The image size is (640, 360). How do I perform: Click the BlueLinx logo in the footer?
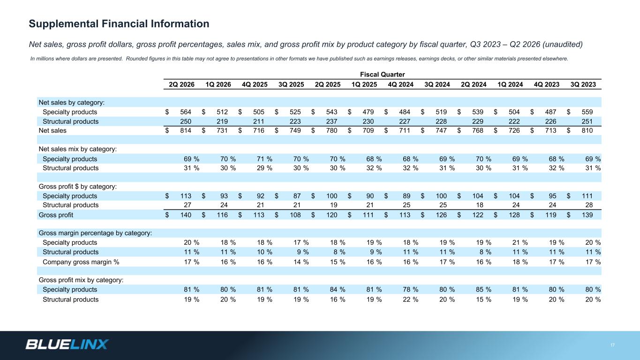(x=67, y=344)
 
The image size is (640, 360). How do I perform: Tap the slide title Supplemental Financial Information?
(x=119, y=24)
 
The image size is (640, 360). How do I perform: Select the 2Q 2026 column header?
(x=182, y=84)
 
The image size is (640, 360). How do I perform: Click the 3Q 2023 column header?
(x=583, y=84)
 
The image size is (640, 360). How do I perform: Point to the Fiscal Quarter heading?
(x=382, y=75)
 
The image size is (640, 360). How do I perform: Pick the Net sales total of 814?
(x=186, y=131)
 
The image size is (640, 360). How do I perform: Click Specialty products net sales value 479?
(x=368, y=112)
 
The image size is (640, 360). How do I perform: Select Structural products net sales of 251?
(x=587, y=121)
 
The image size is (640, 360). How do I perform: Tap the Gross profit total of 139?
(x=587, y=215)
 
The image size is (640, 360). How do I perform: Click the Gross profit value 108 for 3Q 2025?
(x=295, y=215)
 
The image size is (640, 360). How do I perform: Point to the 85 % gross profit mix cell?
(x=483, y=289)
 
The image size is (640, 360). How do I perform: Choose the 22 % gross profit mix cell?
(x=410, y=300)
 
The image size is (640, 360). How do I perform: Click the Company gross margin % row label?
(x=81, y=262)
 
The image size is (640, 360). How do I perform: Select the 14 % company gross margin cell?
(x=301, y=262)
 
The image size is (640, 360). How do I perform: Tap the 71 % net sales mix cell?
(x=264, y=159)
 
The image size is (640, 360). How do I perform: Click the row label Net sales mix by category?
(x=78, y=149)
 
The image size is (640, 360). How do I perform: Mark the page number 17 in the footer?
(x=612, y=345)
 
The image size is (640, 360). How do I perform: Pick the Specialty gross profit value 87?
(x=297, y=196)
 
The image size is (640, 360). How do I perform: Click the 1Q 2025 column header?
(x=364, y=84)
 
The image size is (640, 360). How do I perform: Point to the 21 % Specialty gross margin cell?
(x=520, y=242)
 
